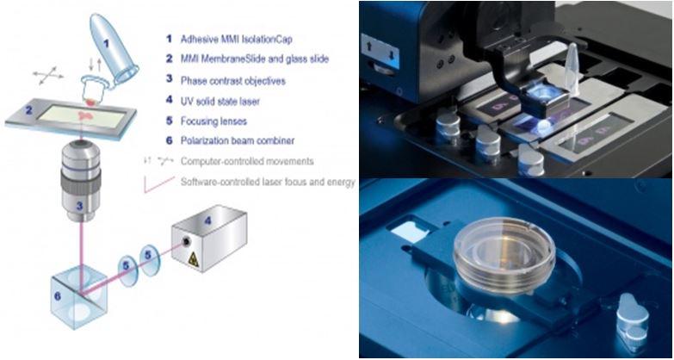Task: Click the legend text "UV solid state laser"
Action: click(220, 102)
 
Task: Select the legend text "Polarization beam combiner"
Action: click(238, 140)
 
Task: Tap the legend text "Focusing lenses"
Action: click(213, 121)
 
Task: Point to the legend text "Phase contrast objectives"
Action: click(233, 81)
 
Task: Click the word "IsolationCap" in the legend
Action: click(267, 39)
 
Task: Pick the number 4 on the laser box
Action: click(208, 221)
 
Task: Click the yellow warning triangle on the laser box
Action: click(193, 259)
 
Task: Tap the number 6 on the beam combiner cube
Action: click(58, 296)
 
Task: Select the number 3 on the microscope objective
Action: click(79, 206)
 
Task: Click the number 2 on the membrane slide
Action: click(28, 110)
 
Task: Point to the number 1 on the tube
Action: click(107, 43)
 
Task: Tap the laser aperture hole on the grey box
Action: click(185, 242)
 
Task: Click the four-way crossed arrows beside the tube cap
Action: click(48, 76)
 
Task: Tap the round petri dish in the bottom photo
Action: click(504, 255)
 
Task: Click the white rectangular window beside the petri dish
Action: click(410, 233)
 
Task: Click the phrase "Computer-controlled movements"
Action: click(247, 161)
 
